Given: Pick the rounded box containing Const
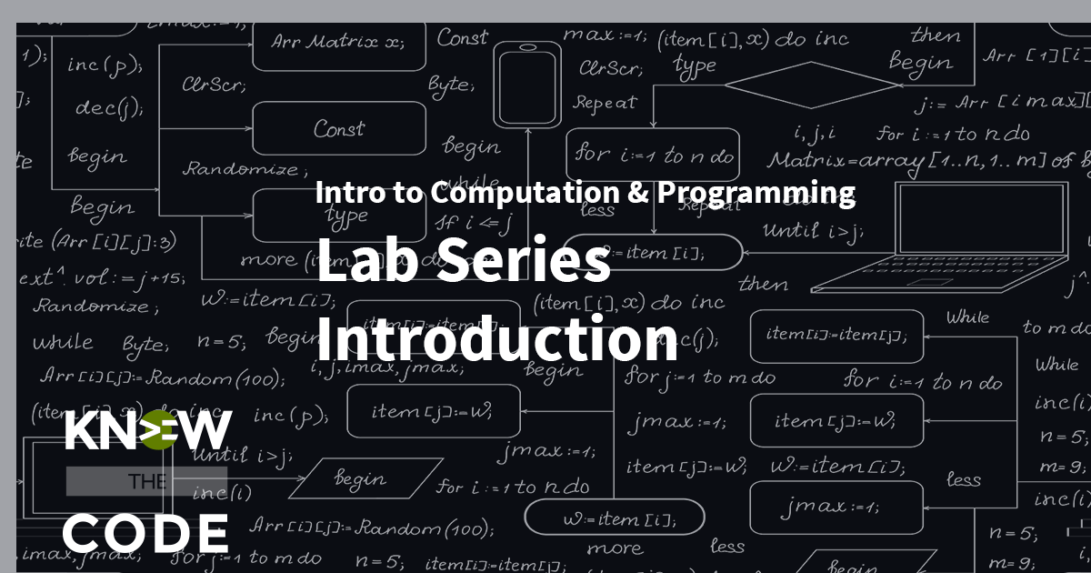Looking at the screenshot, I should [x=339, y=128].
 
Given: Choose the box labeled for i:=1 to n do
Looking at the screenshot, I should [x=653, y=155].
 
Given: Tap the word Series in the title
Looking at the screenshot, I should [x=522, y=264].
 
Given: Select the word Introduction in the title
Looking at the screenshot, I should [x=496, y=339].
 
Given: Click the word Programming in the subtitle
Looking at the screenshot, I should [x=756, y=193].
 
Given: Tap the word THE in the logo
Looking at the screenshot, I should [x=145, y=482].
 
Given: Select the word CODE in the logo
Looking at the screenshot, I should [x=145, y=532].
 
